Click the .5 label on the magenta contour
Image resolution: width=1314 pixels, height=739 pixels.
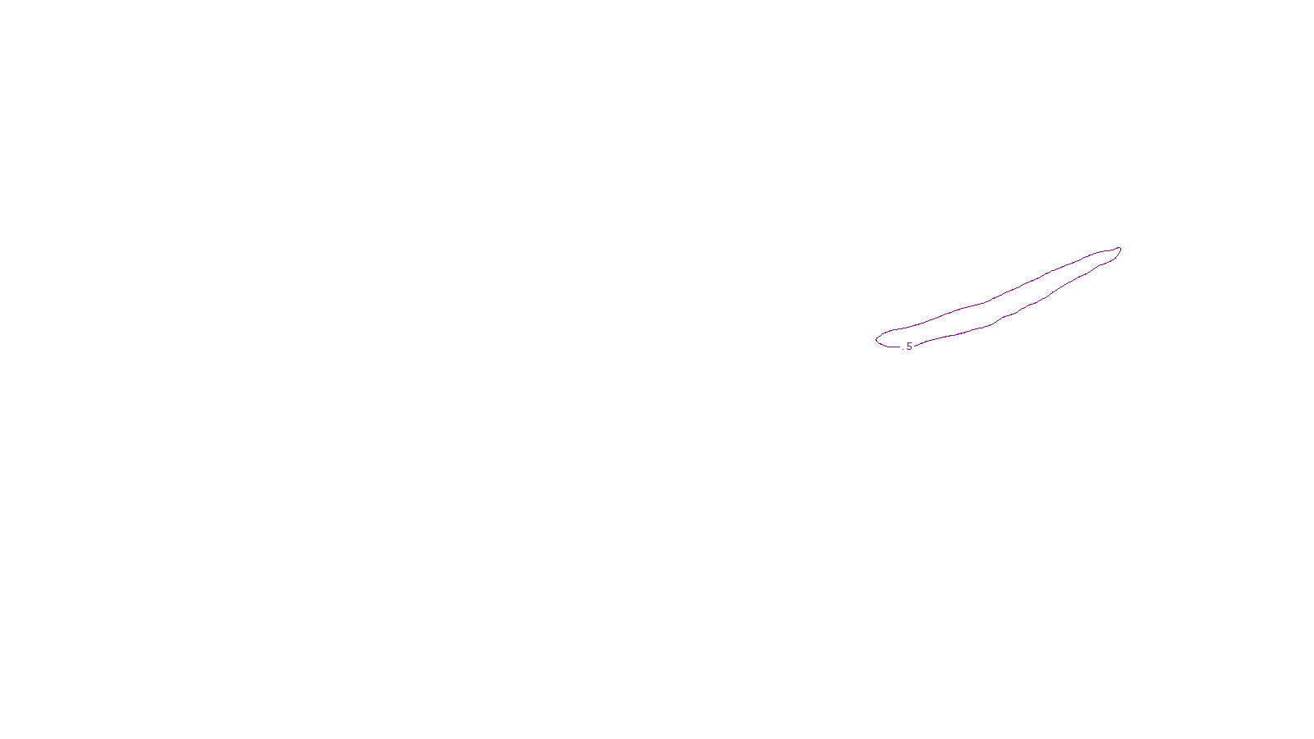908,347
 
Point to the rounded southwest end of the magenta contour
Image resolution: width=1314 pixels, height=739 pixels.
877,339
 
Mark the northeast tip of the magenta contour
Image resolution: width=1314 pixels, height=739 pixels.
1119,249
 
